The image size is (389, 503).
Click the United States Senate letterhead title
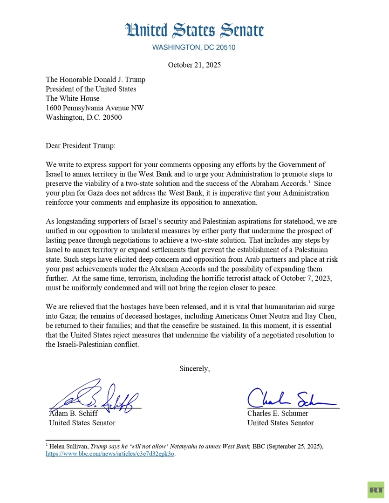point(194,31)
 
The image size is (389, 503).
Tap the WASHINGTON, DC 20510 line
point(194,48)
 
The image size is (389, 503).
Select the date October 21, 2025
point(194,65)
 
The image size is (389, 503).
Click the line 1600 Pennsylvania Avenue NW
point(95,108)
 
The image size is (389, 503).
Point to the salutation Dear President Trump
point(80,146)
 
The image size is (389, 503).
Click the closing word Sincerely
point(194,368)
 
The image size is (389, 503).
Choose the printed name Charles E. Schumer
point(278,413)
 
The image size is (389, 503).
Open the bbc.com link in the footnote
point(110,454)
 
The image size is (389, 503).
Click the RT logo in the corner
point(376,489)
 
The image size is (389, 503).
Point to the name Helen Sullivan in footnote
point(68,446)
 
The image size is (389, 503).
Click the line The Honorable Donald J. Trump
point(95,80)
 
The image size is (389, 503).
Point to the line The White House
point(72,98)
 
